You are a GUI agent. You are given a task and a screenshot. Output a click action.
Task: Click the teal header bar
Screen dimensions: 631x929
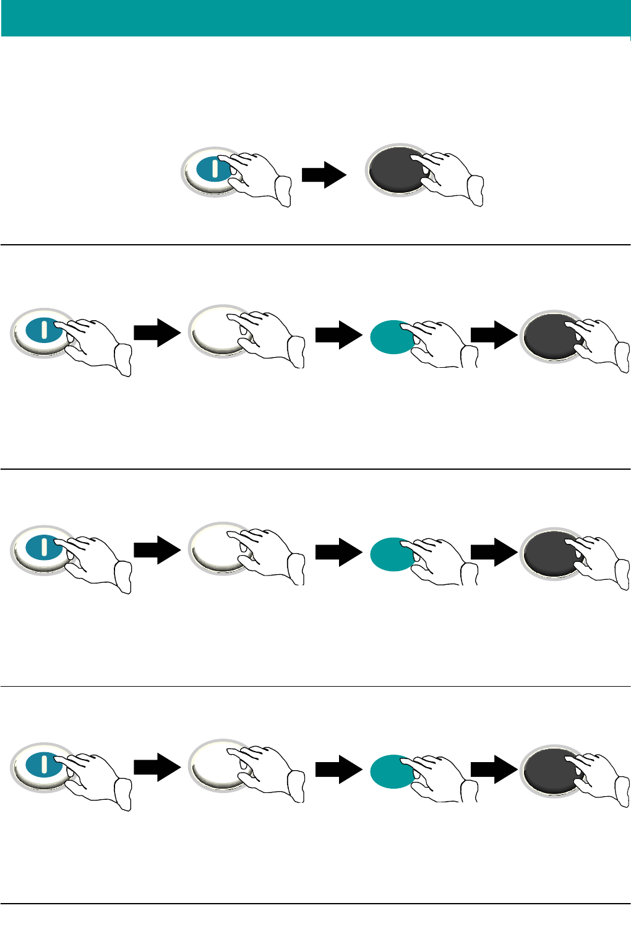(x=315, y=18)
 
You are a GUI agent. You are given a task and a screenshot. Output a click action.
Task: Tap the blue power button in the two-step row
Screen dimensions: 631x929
(x=211, y=169)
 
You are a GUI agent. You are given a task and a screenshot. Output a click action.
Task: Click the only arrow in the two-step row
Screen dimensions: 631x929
(x=324, y=175)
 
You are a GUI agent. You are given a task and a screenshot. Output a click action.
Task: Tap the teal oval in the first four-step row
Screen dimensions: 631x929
(x=390, y=337)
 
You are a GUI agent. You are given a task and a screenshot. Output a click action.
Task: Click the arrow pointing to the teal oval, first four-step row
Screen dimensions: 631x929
(x=338, y=334)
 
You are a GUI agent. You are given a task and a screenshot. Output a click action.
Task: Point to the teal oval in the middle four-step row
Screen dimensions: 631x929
(x=390, y=554)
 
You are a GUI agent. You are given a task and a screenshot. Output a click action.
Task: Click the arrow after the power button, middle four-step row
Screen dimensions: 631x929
(x=157, y=550)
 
